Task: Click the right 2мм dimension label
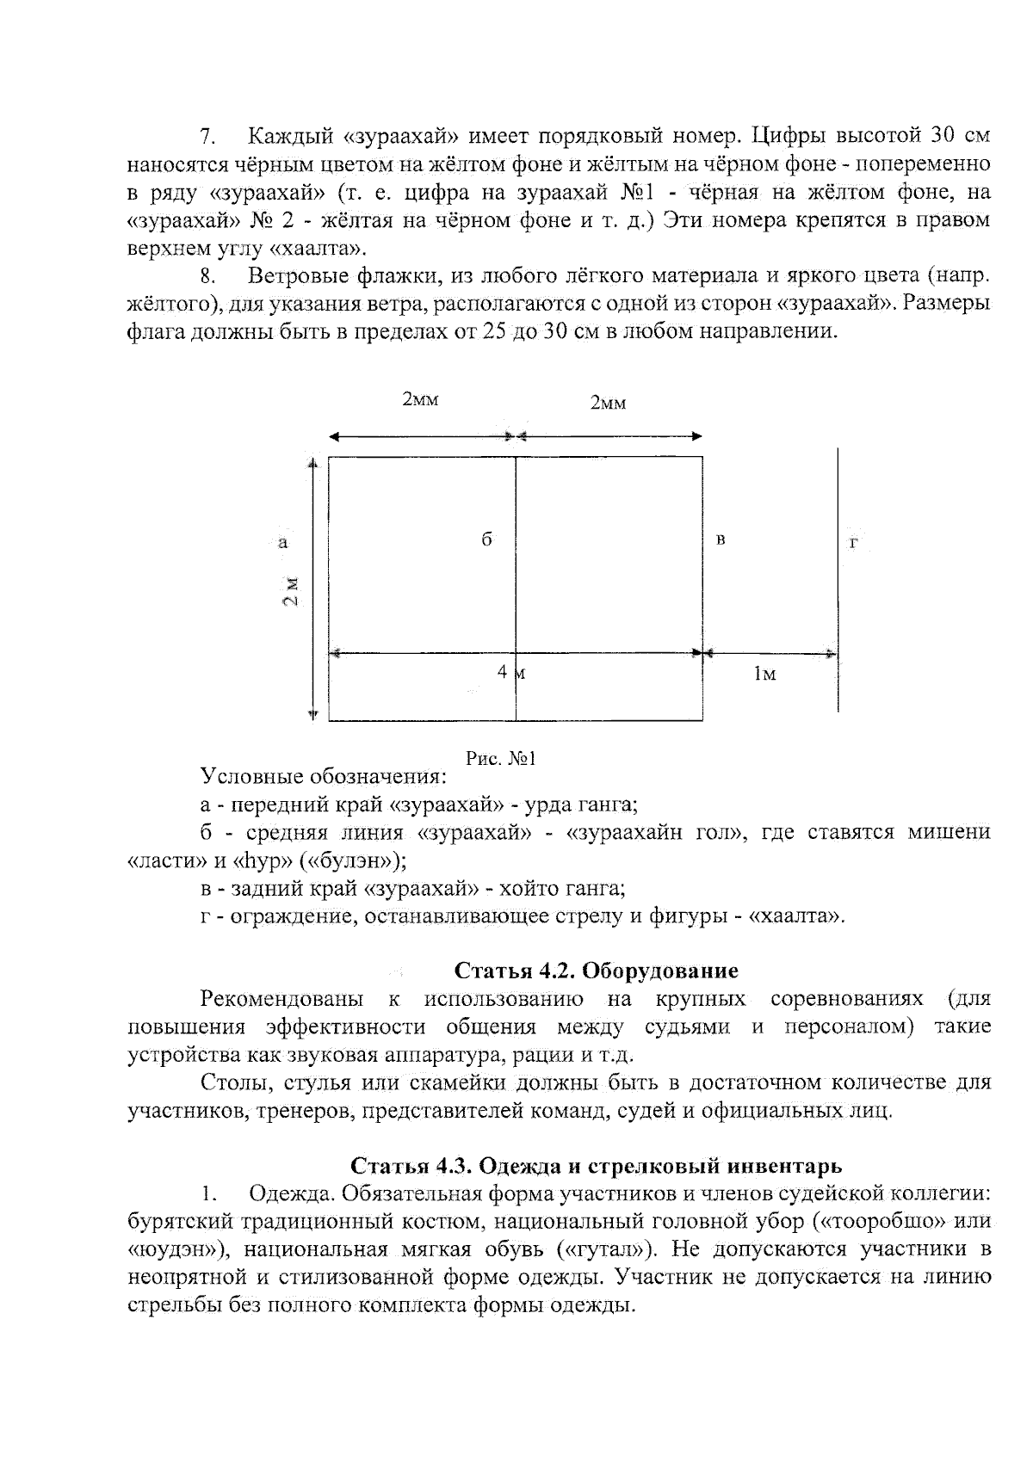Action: pyautogui.click(x=608, y=403)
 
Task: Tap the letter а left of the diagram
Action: pyautogui.click(x=283, y=542)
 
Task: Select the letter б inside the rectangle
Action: pyautogui.click(x=486, y=539)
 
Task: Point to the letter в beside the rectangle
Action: pyautogui.click(x=721, y=540)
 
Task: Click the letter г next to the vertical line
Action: pyautogui.click(x=854, y=543)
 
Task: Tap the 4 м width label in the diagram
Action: pyautogui.click(x=511, y=674)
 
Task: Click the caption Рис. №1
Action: pyautogui.click(x=501, y=758)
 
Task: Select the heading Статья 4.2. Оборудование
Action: pyautogui.click(x=596, y=971)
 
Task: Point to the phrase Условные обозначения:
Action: pyautogui.click(x=324, y=777)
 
